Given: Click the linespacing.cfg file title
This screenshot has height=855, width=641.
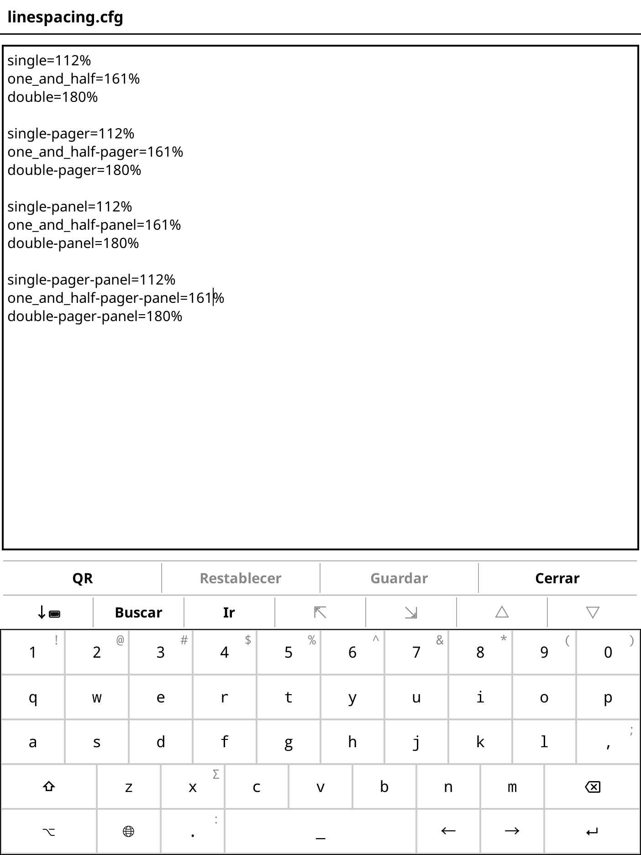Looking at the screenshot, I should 65,17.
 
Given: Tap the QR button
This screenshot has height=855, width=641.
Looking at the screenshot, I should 82,578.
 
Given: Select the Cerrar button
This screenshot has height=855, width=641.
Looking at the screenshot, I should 557,578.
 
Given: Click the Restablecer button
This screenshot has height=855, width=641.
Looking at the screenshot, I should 241,578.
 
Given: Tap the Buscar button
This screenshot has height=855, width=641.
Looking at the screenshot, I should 138,612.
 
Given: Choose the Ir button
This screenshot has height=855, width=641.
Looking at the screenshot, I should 229,612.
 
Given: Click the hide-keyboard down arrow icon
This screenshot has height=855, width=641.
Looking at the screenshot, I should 48,612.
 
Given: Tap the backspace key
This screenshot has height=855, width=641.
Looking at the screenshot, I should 592,787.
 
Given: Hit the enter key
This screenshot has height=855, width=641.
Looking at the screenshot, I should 592,832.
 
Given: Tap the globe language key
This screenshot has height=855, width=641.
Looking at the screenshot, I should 129,832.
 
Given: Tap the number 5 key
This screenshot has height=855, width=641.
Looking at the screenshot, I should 289,652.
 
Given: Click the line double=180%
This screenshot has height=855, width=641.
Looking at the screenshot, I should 53,97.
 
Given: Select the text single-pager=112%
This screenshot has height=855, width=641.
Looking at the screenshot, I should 71,134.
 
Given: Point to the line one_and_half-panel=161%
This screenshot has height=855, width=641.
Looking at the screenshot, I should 94,225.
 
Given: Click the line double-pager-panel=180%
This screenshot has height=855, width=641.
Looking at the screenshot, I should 95,317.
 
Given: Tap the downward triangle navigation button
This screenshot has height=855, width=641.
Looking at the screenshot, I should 593,612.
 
